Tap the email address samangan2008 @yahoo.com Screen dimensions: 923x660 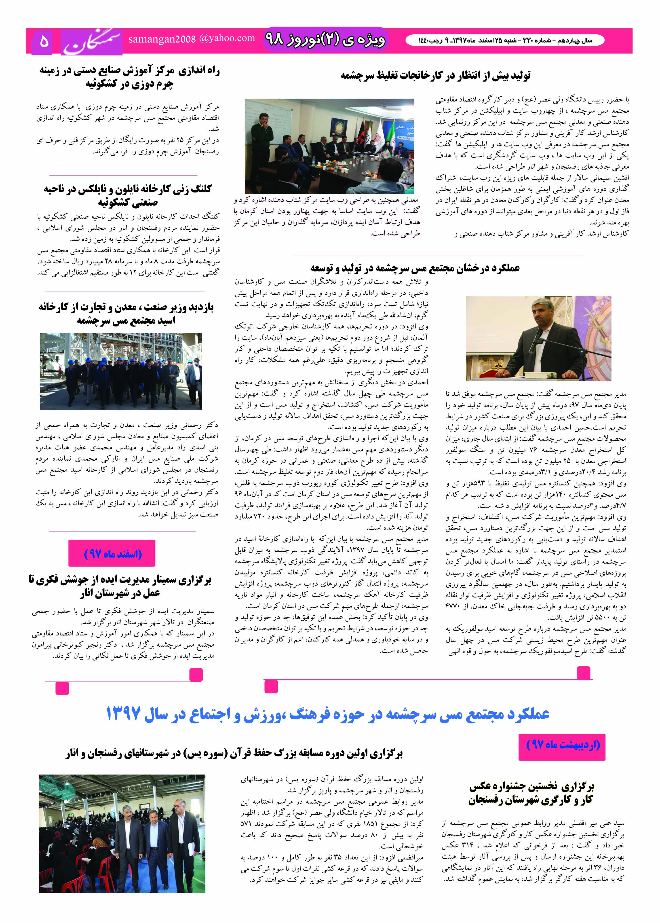pos(191,39)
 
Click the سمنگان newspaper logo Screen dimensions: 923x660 pos(92,41)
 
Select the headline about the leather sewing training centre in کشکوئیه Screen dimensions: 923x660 pos(129,77)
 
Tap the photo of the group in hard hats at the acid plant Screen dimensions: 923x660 pos(121,371)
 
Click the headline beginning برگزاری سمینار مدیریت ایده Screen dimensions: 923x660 pos(120,586)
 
